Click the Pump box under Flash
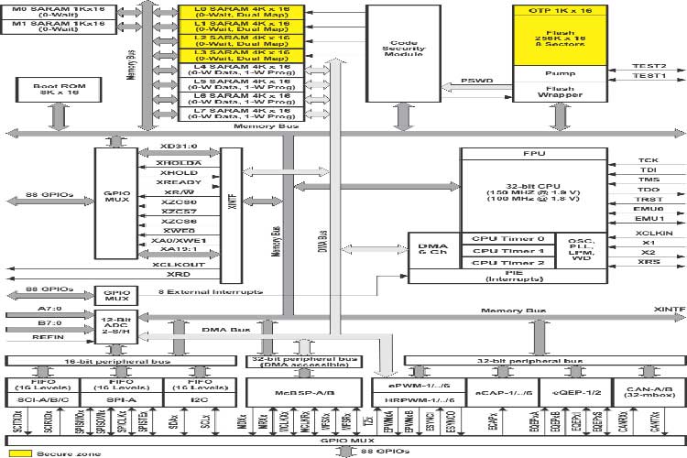[x=567, y=71]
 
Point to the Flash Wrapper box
[x=567, y=91]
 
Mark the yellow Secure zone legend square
[x=20, y=452]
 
